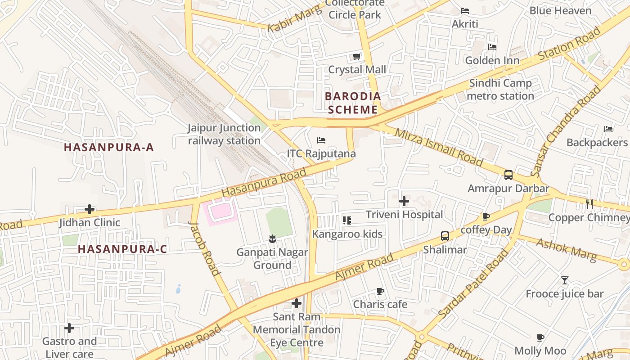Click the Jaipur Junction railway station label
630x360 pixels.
click(x=224, y=134)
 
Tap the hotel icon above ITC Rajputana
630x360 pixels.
click(x=321, y=140)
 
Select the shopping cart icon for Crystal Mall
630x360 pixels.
click(x=356, y=57)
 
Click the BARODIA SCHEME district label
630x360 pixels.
click(x=353, y=103)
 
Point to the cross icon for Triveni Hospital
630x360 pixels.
click(x=404, y=201)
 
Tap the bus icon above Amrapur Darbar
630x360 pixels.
click(x=508, y=175)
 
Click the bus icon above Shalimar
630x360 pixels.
click(x=445, y=236)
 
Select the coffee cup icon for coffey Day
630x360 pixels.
click(x=486, y=217)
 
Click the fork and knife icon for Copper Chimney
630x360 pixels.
click(x=589, y=204)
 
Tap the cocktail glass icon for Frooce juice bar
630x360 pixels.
click(x=565, y=280)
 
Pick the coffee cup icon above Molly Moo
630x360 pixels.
click(x=540, y=337)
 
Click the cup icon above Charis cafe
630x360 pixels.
click(x=380, y=291)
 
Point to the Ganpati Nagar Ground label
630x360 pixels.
click(x=272, y=258)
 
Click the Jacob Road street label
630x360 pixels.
click(x=205, y=248)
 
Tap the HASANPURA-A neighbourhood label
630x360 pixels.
click(x=109, y=147)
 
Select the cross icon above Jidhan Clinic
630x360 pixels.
click(x=90, y=209)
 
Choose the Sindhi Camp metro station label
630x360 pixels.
click(x=500, y=90)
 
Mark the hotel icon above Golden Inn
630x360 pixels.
click(x=492, y=47)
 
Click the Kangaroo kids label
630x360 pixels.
click(x=347, y=234)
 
